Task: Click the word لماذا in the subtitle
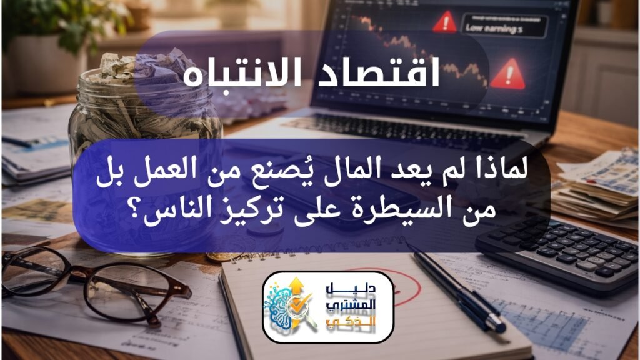(497, 170)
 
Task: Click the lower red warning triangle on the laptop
(507, 75)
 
